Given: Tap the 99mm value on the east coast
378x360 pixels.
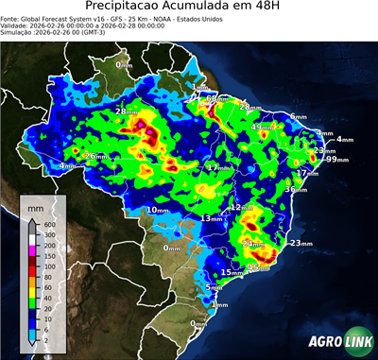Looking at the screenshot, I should pos(332,160).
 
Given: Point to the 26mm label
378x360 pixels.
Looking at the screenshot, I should pos(94,156).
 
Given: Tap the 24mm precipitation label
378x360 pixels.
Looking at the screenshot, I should pos(253,244).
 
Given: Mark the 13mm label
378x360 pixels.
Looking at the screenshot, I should pos(210,218).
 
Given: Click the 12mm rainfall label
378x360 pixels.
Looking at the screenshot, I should pos(242,207).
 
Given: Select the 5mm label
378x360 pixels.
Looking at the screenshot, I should pos(214,287).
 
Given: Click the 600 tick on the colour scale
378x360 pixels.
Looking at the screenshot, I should pos(48,224).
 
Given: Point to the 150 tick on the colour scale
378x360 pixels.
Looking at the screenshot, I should pos(48,256).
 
